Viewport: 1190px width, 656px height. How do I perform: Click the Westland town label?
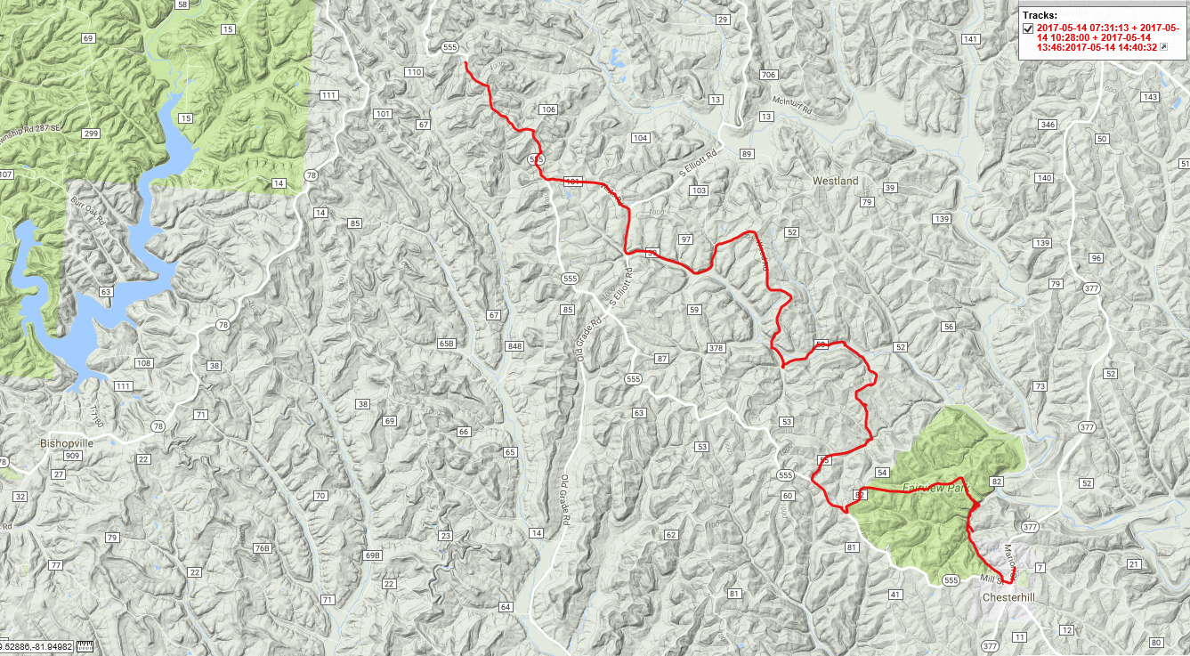[835, 181]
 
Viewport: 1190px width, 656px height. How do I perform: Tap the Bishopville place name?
[67, 442]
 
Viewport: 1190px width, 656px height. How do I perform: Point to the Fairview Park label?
[935, 488]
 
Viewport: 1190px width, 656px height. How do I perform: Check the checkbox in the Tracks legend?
[1028, 28]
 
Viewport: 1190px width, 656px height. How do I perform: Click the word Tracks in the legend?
[1040, 15]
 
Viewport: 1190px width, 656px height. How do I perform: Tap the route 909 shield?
[74, 456]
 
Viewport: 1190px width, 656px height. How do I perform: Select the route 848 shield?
[514, 346]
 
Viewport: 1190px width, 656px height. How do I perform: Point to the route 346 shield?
[1048, 126]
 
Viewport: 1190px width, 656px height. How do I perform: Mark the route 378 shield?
[715, 348]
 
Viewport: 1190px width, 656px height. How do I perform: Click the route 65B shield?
[447, 344]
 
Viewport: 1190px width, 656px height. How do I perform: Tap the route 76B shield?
[261, 548]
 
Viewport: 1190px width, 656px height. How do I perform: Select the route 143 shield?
[1151, 97]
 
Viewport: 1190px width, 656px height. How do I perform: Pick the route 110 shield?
[413, 72]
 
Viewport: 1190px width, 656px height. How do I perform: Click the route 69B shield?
[372, 556]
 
